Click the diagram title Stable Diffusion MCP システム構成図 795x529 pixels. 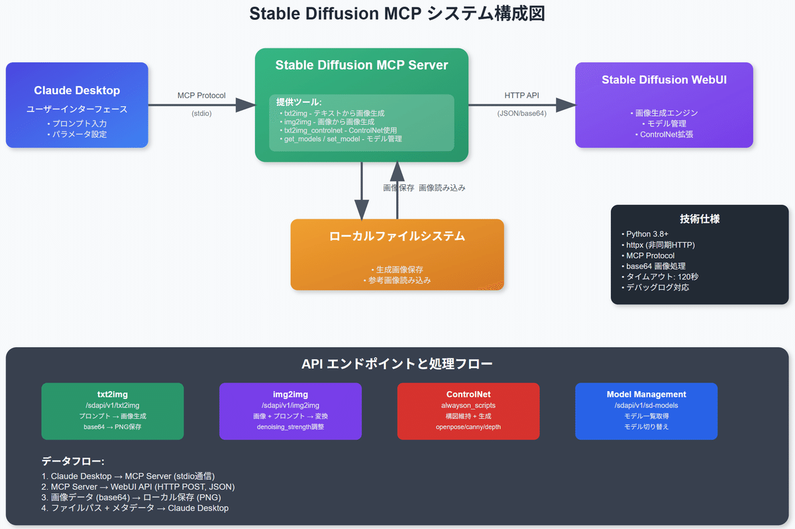click(x=397, y=15)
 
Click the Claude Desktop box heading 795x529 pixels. click(x=77, y=90)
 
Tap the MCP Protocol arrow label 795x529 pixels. click(x=201, y=95)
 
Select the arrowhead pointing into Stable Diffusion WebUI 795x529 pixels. click(x=565, y=105)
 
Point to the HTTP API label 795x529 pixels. click(x=521, y=95)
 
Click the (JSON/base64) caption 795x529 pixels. click(x=521, y=113)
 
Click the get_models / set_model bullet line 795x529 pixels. click(x=343, y=139)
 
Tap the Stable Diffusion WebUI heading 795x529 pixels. click(x=664, y=80)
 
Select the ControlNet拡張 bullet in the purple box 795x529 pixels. click(x=664, y=134)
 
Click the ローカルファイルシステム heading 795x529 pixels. click(x=397, y=236)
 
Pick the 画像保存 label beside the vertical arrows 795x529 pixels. click(x=399, y=188)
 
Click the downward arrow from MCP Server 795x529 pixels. click(x=362, y=199)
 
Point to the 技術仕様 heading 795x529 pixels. click(x=700, y=219)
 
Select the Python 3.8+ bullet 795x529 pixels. click(x=647, y=234)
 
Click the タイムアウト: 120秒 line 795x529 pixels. click(x=660, y=276)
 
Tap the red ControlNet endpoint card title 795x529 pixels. click(x=468, y=394)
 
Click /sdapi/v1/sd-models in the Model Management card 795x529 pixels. click(x=646, y=405)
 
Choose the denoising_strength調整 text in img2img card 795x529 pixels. click(x=290, y=426)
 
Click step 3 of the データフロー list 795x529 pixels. click(x=131, y=497)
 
